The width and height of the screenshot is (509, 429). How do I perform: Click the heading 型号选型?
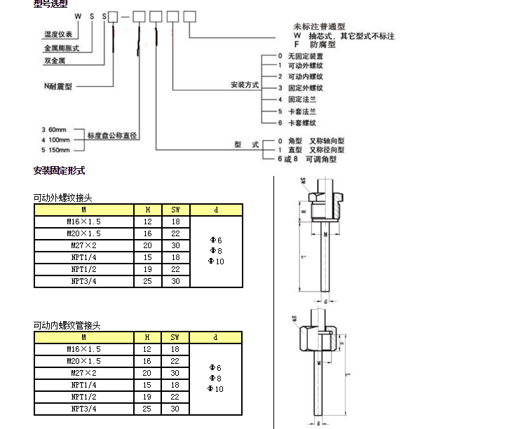(50, 4)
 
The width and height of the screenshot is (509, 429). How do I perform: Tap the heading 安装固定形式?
(59, 170)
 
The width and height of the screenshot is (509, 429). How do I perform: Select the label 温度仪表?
(58, 34)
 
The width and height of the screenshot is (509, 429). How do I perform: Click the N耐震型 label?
(58, 86)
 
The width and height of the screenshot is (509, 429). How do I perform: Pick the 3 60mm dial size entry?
(54, 130)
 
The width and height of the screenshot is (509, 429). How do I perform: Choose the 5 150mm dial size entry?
(55, 149)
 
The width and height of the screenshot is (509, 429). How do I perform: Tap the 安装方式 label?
(245, 85)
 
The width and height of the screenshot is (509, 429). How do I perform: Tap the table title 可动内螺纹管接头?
(67, 326)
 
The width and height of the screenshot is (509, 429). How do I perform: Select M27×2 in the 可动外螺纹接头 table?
(83, 246)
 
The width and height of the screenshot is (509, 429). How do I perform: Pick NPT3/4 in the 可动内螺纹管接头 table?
(83, 409)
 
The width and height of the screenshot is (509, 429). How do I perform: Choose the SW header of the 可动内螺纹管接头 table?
(175, 338)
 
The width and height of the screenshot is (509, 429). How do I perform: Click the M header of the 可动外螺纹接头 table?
(83, 209)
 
